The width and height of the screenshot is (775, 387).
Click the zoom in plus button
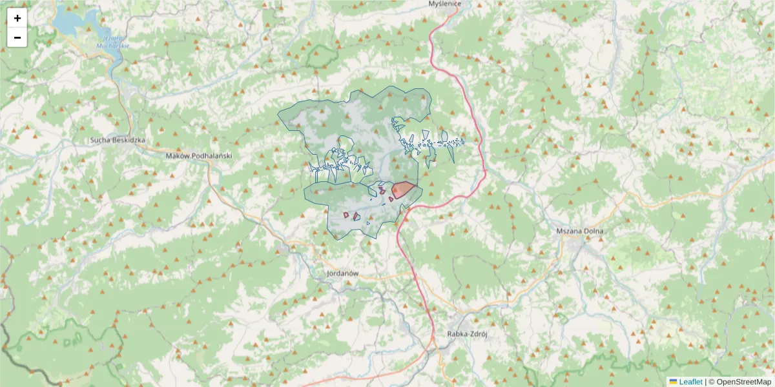(17, 18)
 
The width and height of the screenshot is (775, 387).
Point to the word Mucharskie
(113, 46)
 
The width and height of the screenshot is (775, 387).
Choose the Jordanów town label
(342, 273)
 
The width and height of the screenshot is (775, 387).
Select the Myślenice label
(444, 3)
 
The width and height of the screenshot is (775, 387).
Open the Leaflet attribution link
(690, 382)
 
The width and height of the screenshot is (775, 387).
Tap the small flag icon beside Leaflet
(673, 382)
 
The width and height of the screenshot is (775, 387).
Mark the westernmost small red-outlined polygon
(346, 215)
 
